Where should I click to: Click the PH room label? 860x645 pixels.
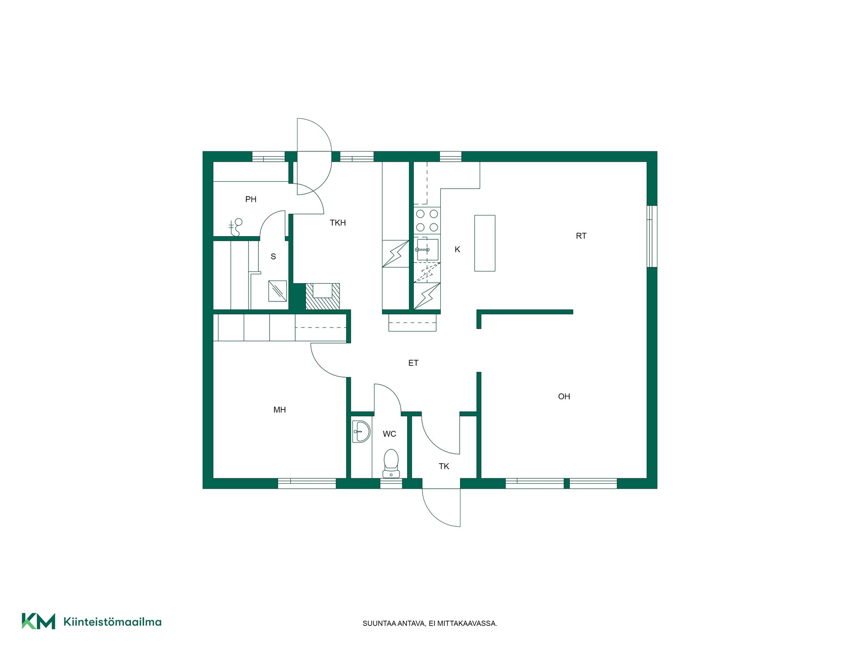251,199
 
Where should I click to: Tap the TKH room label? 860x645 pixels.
338,223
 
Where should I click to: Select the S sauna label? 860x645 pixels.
273,257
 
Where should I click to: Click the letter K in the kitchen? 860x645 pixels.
457,249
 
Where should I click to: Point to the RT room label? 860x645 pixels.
581,236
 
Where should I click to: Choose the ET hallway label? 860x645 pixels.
413,363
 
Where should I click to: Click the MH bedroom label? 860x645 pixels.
279,410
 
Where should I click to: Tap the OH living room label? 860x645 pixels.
564,396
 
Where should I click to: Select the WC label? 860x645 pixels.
389,434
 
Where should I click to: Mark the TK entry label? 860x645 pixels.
444,466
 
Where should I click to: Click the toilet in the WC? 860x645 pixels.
391,464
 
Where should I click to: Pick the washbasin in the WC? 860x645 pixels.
361,432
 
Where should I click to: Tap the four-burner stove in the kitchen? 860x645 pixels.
427,220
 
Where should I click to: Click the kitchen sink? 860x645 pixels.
427,249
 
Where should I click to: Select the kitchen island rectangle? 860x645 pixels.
485,243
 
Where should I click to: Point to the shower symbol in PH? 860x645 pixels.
236,228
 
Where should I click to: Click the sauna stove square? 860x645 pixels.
277,291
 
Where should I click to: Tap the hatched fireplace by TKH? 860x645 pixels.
322,296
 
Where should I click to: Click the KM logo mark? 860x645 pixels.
39,621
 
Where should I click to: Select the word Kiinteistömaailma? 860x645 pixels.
112,622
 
